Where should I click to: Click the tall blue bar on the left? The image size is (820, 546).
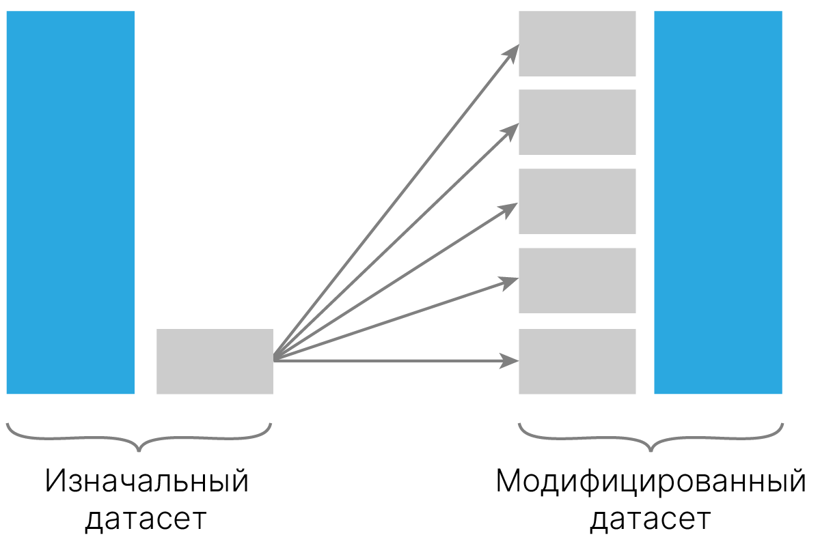tap(70, 203)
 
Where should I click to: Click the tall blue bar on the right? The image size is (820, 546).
tap(717, 203)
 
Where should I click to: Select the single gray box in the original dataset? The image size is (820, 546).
tap(215, 361)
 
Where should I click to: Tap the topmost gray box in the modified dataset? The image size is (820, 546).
tap(577, 44)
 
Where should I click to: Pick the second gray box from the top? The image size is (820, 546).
tap(577, 122)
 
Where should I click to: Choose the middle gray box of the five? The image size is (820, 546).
tap(577, 201)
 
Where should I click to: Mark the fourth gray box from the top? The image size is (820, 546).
tap(577, 280)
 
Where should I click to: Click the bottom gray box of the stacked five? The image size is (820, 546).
tap(577, 361)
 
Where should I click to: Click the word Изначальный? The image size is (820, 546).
tap(147, 482)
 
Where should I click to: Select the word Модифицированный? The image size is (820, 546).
tap(650, 482)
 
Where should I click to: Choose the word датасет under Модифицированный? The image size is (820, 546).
tap(650, 520)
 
